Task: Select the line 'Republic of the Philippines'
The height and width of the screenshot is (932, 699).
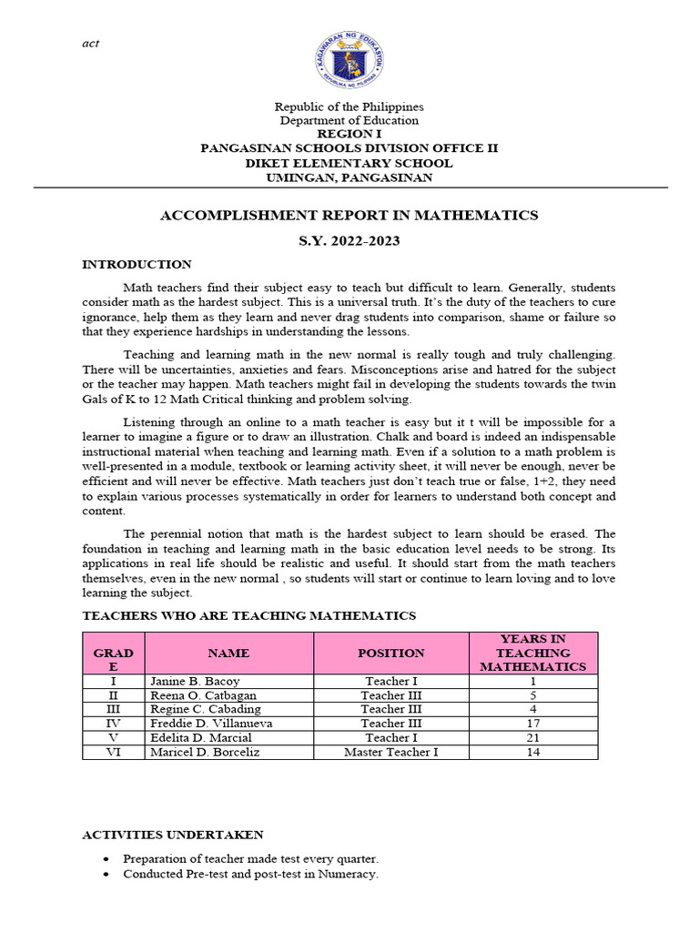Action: pos(349,106)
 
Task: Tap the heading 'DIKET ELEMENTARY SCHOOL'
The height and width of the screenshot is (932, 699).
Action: pos(349,163)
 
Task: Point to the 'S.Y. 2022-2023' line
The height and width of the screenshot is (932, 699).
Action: pos(349,241)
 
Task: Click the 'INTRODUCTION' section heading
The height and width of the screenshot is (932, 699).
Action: pos(137,265)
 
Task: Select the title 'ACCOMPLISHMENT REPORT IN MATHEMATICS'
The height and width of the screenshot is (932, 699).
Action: pos(349,216)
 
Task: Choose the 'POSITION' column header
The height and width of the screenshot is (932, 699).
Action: pos(390,653)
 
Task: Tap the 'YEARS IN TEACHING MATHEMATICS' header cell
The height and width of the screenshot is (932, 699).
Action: pos(532,653)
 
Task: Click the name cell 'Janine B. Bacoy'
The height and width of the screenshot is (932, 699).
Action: pos(191,681)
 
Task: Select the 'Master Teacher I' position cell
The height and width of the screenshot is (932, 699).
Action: pos(390,753)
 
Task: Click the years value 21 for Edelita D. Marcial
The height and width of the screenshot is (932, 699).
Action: pos(532,738)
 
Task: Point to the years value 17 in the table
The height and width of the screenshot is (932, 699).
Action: pos(532,724)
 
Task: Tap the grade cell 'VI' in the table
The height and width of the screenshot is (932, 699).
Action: pos(113,753)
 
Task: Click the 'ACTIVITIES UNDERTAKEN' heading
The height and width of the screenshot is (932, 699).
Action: pos(173,835)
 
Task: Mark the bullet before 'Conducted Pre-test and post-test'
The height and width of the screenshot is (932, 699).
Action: pos(106,875)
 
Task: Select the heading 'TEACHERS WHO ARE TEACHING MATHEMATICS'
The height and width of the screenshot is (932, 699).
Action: pos(248,616)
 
